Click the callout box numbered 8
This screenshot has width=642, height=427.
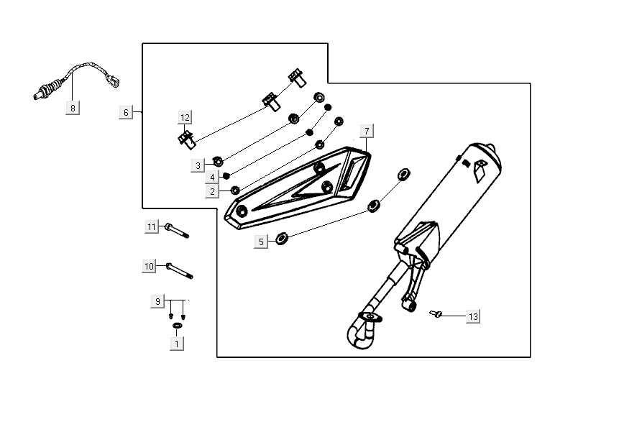tap(73, 108)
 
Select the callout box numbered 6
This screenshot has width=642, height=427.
tap(127, 112)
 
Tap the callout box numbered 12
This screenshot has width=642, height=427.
tap(185, 117)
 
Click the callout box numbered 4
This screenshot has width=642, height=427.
tap(213, 177)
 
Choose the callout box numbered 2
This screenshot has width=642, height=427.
tap(212, 191)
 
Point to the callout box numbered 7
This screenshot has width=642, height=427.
tap(367, 131)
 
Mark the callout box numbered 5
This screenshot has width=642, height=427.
tap(261, 242)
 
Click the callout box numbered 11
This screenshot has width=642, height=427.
tap(152, 227)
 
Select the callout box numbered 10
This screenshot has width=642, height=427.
tap(150, 267)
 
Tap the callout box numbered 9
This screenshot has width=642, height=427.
tap(157, 301)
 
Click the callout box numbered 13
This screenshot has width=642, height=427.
tap(472, 316)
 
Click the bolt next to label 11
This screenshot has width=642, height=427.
tap(176, 230)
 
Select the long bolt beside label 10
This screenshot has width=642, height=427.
tap(180, 270)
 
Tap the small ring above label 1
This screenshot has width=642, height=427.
tap(177, 327)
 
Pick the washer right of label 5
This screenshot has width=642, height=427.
tap(283, 236)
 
